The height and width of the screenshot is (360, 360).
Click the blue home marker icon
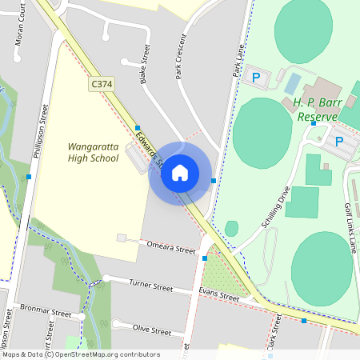(x=180, y=173)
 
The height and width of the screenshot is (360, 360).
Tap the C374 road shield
(x=101, y=82)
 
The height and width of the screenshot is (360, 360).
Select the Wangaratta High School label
(x=94, y=153)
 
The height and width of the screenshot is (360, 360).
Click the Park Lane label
(x=238, y=61)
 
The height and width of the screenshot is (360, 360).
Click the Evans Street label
(x=219, y=296)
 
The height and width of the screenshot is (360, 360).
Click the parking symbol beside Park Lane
(x=256, y=78)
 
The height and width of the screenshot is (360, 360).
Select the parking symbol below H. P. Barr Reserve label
(x=338, y=142)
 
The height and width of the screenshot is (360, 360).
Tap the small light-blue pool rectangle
(x=294, y=82)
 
